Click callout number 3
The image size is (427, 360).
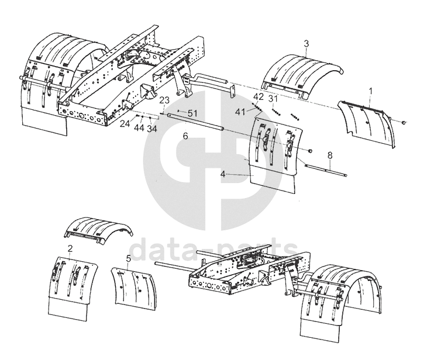click(307, 43)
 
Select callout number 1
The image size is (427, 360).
click(370, 91)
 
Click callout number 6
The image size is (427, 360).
click(185, 136)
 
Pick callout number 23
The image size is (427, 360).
click(164, 100)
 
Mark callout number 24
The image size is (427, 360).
click(125, 124)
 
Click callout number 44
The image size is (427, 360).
click(139, 127)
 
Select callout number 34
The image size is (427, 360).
click(151, 127)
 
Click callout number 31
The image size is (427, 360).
click(273, 98)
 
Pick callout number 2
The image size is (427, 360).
click(70, 248)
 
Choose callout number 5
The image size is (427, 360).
click(128, 257)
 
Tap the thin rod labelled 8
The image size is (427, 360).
click(328, 169)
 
